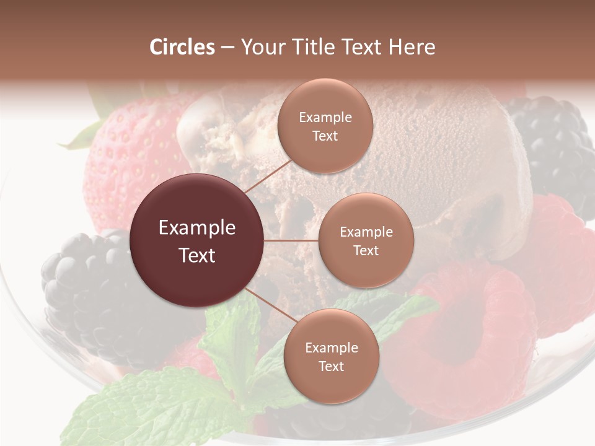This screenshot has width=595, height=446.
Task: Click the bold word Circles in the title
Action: [182, 47]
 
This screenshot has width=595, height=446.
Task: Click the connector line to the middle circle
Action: [291, 240]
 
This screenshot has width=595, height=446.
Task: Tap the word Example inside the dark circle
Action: [197, 228]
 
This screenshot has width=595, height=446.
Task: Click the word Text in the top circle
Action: [325, 136]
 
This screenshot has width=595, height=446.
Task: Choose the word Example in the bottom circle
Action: [331, 348]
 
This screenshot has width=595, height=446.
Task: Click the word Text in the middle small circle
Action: [366, 250]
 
